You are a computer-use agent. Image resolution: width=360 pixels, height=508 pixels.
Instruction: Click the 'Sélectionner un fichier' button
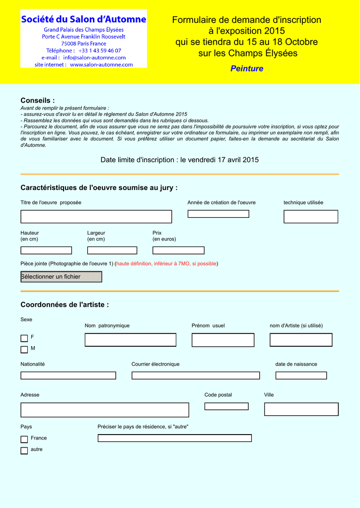(61, 277)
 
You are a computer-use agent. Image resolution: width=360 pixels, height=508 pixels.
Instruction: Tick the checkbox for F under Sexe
(24, 338)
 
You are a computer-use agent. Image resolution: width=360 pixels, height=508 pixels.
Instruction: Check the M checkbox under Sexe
(24, 350)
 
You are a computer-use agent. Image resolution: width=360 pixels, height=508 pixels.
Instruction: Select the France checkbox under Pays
(24, 439)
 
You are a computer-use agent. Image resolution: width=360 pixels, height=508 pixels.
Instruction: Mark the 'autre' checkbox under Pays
(24, 450)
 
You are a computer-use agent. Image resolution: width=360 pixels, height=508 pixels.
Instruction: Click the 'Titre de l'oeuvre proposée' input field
(96, 217)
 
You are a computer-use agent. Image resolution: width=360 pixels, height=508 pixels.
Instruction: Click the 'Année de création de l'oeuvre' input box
(218, 214)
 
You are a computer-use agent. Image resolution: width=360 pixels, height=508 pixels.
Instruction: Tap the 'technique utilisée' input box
(310, 217)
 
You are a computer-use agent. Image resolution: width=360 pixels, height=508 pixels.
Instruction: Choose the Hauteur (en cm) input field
(46, 251)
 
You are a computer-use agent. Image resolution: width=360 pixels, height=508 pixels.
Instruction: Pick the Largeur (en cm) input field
(112, 251)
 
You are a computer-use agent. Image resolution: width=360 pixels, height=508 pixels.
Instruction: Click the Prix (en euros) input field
(178, 251)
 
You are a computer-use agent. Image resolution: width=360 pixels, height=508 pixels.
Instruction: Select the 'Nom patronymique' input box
(130, 340)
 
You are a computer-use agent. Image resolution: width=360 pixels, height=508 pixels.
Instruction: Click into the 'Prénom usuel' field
(223, 340)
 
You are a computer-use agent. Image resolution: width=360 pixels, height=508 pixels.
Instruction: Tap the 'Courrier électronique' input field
(195, 376)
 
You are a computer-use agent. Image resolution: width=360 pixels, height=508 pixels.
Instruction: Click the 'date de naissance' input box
(301, 376)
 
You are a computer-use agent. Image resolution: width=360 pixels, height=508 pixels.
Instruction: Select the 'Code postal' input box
(226, 406)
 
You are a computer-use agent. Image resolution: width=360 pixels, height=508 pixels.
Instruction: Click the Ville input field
(301, 409)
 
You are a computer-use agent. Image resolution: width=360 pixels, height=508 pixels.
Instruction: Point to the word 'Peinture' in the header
(247, 68)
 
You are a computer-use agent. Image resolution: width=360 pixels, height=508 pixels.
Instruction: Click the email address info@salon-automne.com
(94, 58)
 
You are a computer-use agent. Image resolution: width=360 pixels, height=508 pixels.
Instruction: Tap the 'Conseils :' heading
(38, 101)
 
